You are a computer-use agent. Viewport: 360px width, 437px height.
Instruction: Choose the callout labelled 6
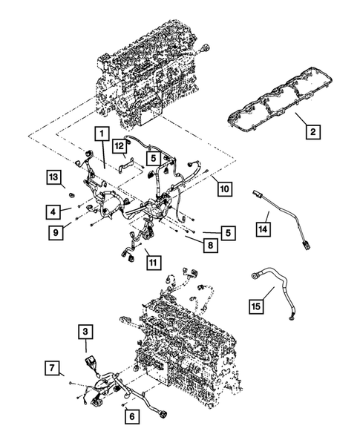pos(131,417)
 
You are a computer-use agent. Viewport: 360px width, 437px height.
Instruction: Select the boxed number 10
pos(223,188)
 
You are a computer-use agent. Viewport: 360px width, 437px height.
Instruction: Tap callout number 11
pos(151,261)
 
